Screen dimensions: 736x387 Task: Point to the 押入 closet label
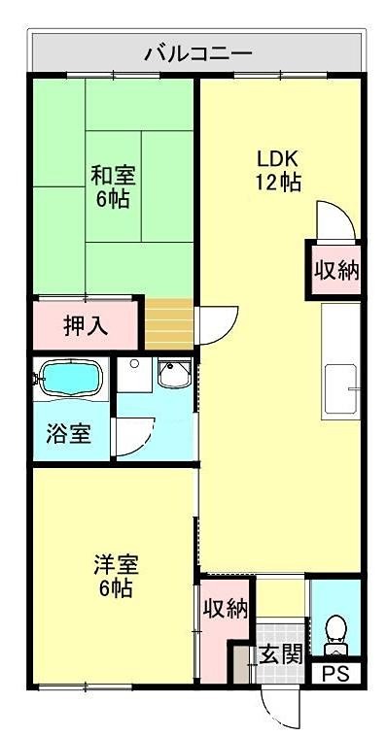coord(86,325)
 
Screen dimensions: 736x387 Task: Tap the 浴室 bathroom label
coord(69,433)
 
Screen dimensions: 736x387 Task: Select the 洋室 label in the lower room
coord(115,564)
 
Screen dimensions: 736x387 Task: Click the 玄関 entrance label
coord(280,654)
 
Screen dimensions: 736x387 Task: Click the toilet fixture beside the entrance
coord(335,629)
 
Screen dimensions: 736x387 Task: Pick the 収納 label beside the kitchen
coord(334,269)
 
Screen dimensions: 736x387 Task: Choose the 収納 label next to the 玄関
coord(225,609)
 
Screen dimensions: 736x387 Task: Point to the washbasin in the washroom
coord(175,373)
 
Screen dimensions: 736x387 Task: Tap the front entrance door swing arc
coord(276,708)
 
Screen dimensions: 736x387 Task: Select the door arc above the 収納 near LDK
coord(331,218)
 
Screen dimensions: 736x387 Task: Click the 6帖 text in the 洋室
coord(115,588)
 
